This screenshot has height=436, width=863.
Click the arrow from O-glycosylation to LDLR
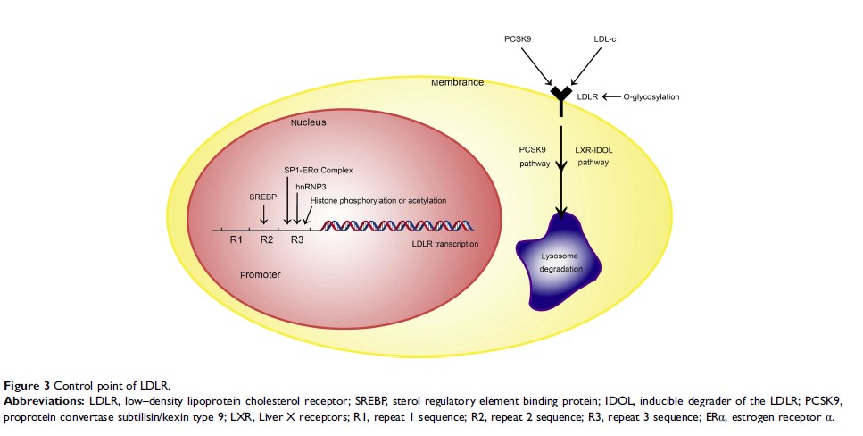click(x=611, y=96)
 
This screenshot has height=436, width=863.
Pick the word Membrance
click(x=457, y=82)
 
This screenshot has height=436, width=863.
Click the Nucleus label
click(x=308, y=122)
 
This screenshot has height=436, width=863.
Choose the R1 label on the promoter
click(x=236, y=239)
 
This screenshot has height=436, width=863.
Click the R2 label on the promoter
click(x=266, y=239)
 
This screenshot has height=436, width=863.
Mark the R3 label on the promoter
click(x=297, y=239)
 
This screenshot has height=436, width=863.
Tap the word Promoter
click(x=261, y=274)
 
